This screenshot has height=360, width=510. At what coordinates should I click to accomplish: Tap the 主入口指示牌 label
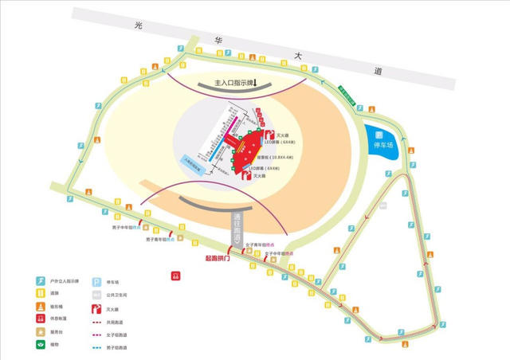pyautogui.click(x=233, y=84)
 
